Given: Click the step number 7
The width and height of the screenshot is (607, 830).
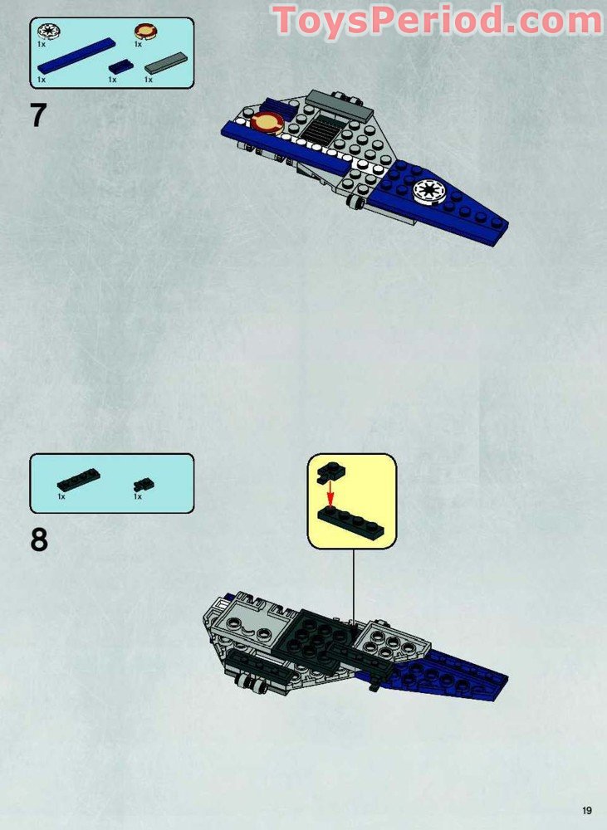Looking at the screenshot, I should (x=38, y=115).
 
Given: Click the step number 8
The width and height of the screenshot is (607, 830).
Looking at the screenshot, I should (x=39, y=539).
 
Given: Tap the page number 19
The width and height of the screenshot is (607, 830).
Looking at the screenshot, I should (x=587, y=811).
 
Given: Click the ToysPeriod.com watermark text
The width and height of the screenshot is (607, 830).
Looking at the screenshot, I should (x=438, y=20).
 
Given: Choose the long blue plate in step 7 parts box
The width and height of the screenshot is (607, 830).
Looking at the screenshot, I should (x=76, y=56).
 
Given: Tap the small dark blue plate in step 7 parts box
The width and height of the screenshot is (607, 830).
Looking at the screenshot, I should (x=120, y=66).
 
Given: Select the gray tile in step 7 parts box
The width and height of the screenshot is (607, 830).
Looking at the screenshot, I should (x=166, y=63).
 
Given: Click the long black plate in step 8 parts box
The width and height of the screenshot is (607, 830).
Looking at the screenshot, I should (x=78, y=480).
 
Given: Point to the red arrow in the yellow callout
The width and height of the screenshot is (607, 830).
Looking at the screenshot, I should (x=330, y=496).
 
